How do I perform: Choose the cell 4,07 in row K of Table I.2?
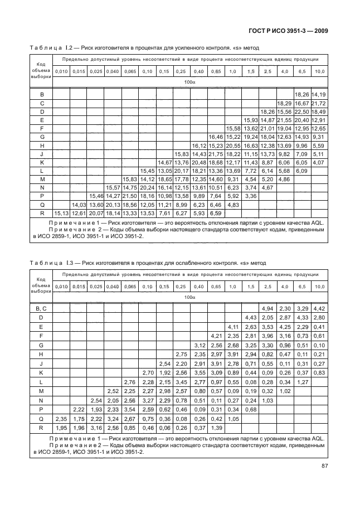(319, 162)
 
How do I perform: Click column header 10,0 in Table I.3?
(319, 286)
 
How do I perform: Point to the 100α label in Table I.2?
(189, 82)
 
